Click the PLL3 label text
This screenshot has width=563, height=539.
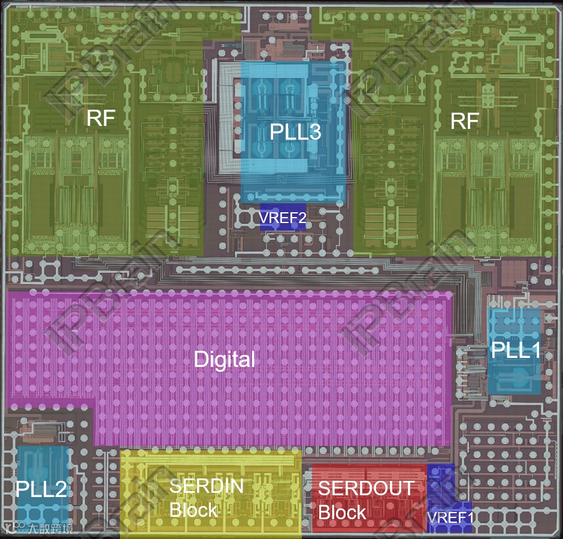(x=295, y=131)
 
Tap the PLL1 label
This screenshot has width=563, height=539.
(x=516, y=350)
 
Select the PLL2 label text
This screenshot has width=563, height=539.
(x=41, y=489)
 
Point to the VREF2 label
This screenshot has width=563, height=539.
(x=283, y=218)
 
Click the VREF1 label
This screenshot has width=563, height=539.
(x=450, y=517)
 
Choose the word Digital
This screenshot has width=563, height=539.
(x=225, y=360)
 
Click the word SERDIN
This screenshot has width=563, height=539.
(x=206, y=486)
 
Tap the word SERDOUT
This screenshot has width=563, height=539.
(x=365, y=488)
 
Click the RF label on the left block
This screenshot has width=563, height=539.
(x=101, y=118)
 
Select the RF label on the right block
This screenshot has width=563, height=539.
(x=465, y=122)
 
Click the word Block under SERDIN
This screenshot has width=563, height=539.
(x=193, y=510)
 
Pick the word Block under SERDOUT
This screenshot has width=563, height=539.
(x=342, y=513)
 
